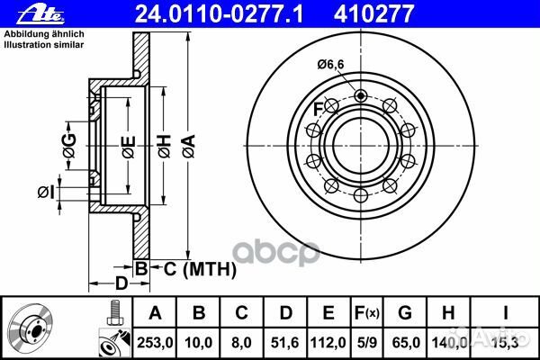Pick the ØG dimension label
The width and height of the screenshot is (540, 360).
click(x=71, y=142)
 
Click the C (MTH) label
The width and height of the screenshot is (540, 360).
click(x=193, y=268)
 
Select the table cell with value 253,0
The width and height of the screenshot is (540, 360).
click(x=156, y=339)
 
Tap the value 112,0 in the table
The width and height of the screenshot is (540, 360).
click(x=328, y=339)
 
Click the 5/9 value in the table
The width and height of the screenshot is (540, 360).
click(x=367, y=339)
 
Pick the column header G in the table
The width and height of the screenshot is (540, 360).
click(x=404, y=312)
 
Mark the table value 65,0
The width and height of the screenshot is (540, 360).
click(x=404, y=339)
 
